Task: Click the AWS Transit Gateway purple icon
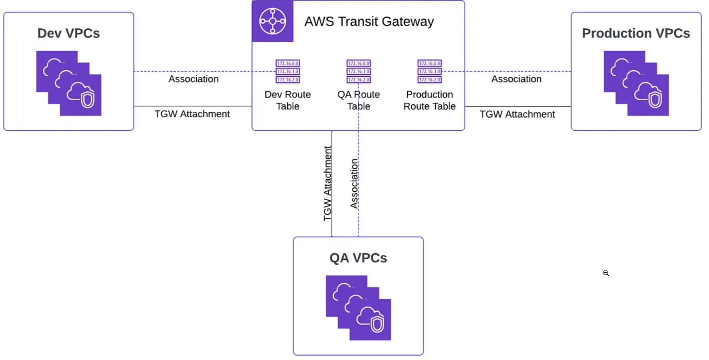(x=273, y=21)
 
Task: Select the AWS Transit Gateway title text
(x=369, y=22)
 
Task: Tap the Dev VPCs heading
(x=69, y=33)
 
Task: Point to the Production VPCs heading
(x=635, y=33)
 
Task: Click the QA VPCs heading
(x=358, y=258)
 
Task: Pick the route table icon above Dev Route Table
(x=288, y=72)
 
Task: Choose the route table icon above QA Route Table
(x=358, y=72)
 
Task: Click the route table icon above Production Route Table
(x=430, y=72)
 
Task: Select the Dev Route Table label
(x=288, y=100)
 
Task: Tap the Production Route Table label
(x=430, y=100)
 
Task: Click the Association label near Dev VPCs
(x=193, y=79)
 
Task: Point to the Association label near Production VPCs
(x=516, y=79)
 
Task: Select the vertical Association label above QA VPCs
(x=354, y=183)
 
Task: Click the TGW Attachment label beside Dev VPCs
(x=192, y=114)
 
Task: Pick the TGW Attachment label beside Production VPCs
(x=517, y=114)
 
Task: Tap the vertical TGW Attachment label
(x=327, y=183)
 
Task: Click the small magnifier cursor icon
(x=606, y=273)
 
